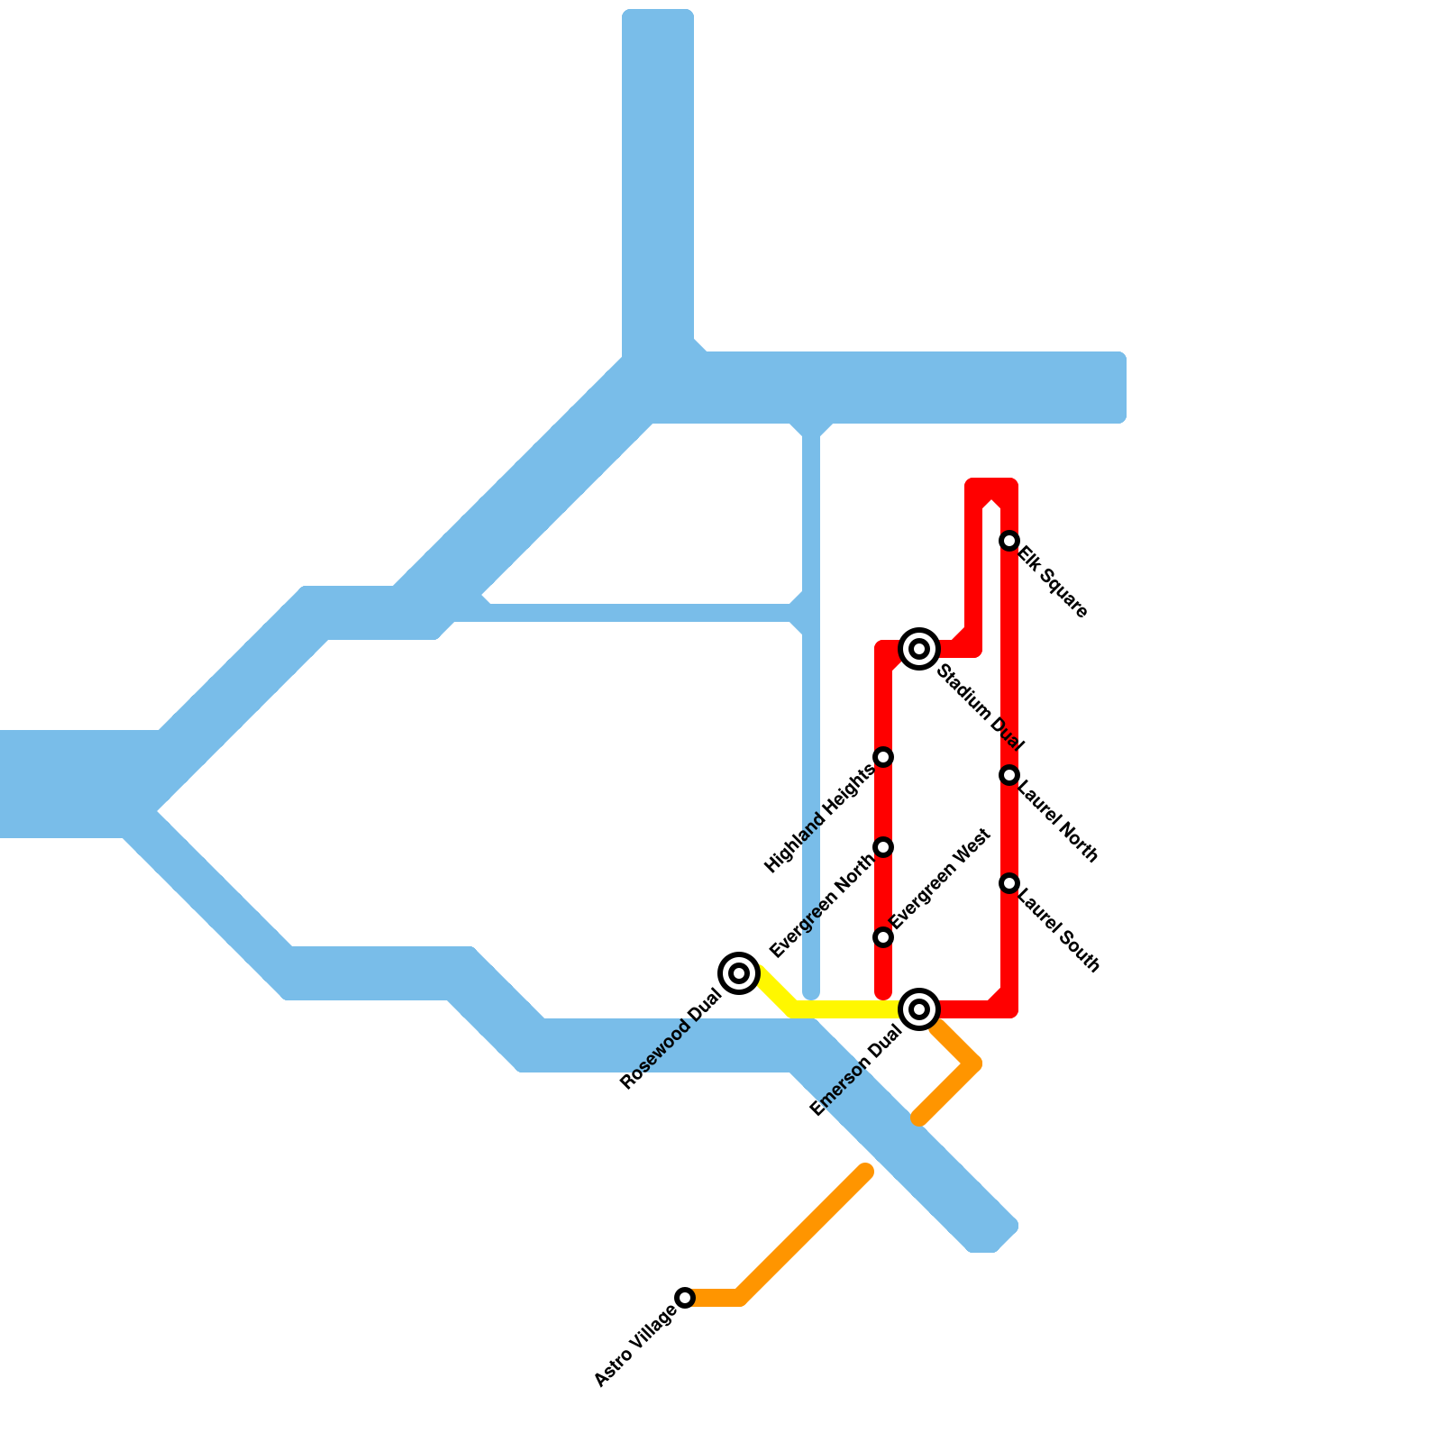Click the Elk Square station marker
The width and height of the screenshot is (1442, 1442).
point(1009,541)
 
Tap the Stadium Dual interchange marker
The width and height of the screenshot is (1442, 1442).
point(919,648)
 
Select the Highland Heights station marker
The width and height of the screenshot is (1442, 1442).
point(883,757)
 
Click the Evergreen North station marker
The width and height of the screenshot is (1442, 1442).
point(883,847)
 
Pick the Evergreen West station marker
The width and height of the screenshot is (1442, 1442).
point(883,937)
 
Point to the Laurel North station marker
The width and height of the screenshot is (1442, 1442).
point(1009,775)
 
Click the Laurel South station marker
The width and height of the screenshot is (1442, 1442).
point(1009,883)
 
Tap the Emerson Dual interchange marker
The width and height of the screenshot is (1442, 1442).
point(919,1009)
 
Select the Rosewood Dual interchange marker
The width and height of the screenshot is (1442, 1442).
point(739,973)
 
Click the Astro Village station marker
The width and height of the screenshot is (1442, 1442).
point(685,1298)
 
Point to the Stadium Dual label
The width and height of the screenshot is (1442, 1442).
point(981,708)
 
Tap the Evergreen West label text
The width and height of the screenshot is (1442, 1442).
point(941,879)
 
